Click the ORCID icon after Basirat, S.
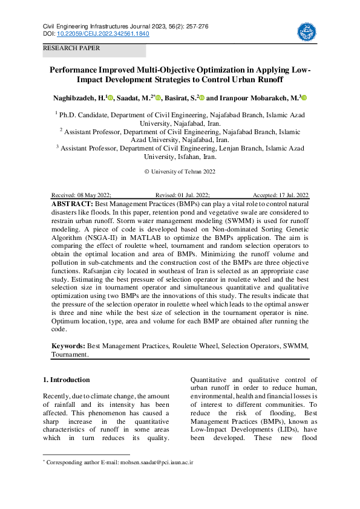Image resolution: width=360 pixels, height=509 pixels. (202, 98)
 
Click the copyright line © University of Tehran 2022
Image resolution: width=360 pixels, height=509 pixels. (180, 171)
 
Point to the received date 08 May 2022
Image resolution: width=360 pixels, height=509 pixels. (94, 195)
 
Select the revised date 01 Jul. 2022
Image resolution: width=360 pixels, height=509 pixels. (192, 195)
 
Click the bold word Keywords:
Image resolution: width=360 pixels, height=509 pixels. (68, 346)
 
